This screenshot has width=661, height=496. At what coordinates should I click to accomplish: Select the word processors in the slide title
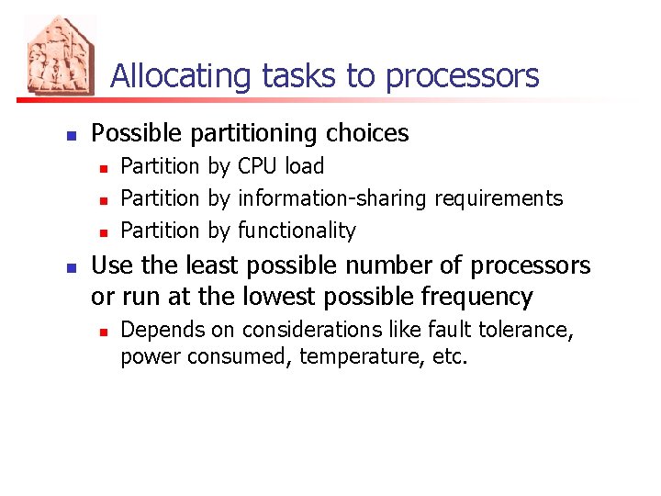coord(463,76)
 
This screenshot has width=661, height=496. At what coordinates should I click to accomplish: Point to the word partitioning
coord(252,134)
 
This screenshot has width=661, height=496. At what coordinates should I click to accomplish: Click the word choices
coord(366,134)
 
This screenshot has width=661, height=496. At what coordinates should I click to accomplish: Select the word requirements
coord(499,198)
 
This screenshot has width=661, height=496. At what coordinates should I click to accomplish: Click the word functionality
coord(296,231)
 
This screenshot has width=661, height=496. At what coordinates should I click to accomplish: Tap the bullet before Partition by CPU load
coord(105,168)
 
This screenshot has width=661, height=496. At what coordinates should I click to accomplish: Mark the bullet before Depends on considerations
coord(105,331)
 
